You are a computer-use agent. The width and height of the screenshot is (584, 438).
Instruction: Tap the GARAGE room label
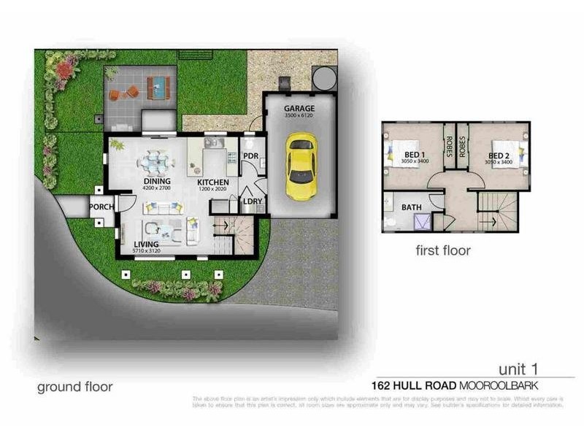tap(299, 109)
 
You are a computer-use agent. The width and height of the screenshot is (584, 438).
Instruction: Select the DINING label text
tap(155, 182)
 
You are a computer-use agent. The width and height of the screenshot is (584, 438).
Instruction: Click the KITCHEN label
tap(213, 182)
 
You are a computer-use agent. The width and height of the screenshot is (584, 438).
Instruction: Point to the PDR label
tap(250, 156)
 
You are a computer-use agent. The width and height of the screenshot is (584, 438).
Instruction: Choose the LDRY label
tap(253, 201)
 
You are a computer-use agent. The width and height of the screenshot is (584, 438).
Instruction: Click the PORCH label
tap(101, 207)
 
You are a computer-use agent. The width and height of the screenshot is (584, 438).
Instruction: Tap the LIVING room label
tap(147, 245)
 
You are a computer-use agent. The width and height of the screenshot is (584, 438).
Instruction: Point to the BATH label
tap(412, 208)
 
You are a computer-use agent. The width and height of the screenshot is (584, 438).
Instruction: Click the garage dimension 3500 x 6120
tap(299, 117)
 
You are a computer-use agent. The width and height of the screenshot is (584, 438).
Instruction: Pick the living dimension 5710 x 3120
tap(147, 252)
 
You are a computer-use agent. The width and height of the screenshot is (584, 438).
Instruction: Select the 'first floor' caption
tap(443, 250)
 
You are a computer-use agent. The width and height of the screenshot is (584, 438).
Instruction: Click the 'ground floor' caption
tap(75, 386)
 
